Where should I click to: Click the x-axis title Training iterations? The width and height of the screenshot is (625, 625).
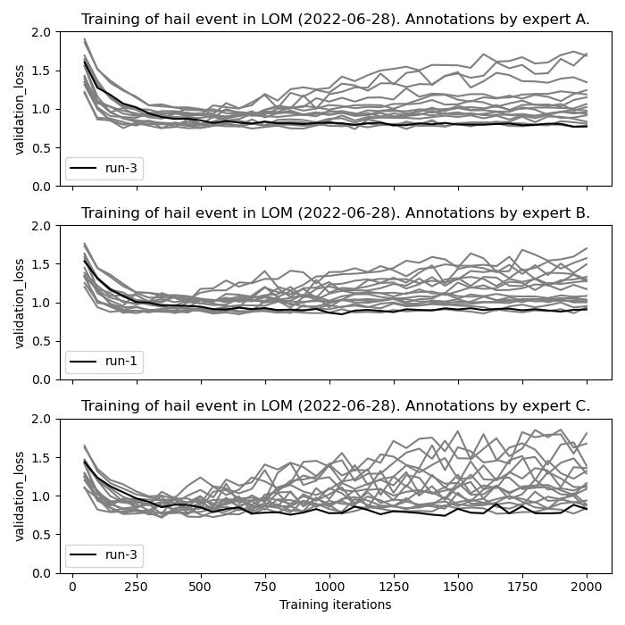[335, 605]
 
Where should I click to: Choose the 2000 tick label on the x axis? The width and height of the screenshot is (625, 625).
[587, 588]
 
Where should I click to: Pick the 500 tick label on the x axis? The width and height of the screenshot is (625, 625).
[201, 588]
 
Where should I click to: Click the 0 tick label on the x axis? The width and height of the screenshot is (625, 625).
[72, 588]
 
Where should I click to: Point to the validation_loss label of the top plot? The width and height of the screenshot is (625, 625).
[21, 109]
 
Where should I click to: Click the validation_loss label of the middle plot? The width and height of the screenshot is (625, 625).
[21, 303]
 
